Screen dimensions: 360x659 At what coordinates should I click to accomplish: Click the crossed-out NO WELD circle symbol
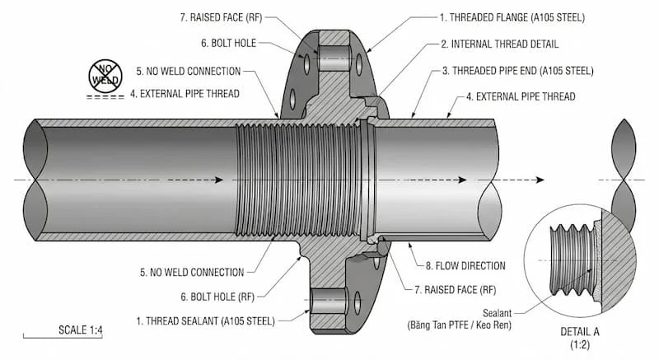(x=105, y=75)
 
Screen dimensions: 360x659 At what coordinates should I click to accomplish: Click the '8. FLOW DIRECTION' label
(x=465, y=265)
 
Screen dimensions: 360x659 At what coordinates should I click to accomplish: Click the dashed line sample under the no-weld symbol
(x=103, y=96)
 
